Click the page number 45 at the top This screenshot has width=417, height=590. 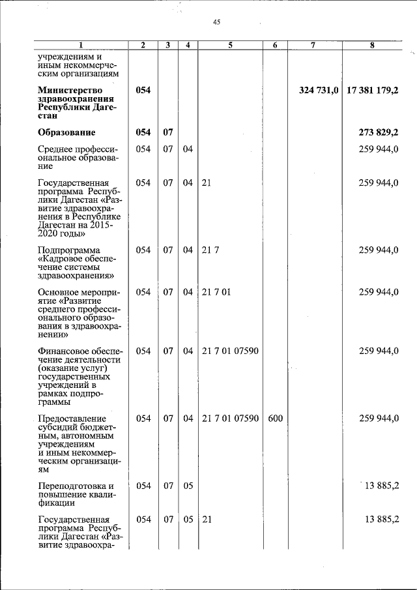[216, 22]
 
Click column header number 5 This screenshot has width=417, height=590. [231, 45]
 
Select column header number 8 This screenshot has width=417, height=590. [372, 45]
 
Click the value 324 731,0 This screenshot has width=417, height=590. [319, 90]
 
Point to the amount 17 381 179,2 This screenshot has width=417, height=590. [373, 90]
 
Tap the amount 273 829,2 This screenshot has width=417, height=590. [379, 133]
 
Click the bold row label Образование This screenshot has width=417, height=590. [67, 133]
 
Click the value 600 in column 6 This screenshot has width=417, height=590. [275, 418]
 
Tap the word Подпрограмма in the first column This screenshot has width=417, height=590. [68, 250]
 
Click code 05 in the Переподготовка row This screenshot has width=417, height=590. [188, 486]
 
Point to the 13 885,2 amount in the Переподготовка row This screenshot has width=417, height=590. [379, 486]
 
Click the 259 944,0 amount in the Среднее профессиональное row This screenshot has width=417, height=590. [379, 150]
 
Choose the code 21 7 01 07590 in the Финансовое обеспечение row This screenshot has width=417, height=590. [231, 351]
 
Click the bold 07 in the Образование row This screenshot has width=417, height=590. [168, 133]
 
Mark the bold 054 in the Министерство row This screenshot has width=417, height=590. [143, 90]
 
